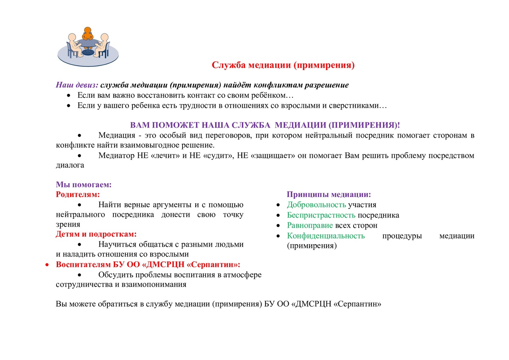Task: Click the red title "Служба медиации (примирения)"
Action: (x=283, y=65)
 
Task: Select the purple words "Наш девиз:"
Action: (x=77, y=85)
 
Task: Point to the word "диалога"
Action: (x=70, y=165)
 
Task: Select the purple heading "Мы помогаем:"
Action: (x=84, y=185)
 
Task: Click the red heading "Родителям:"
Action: (x=78, y=195)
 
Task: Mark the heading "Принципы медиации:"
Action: (x=329, y=195)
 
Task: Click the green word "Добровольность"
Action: (x=317, y=205)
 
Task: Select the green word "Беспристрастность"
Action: (x=321, y=215)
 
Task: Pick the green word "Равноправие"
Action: (x=310, y=226)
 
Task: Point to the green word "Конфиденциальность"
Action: (x=326, y=236)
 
